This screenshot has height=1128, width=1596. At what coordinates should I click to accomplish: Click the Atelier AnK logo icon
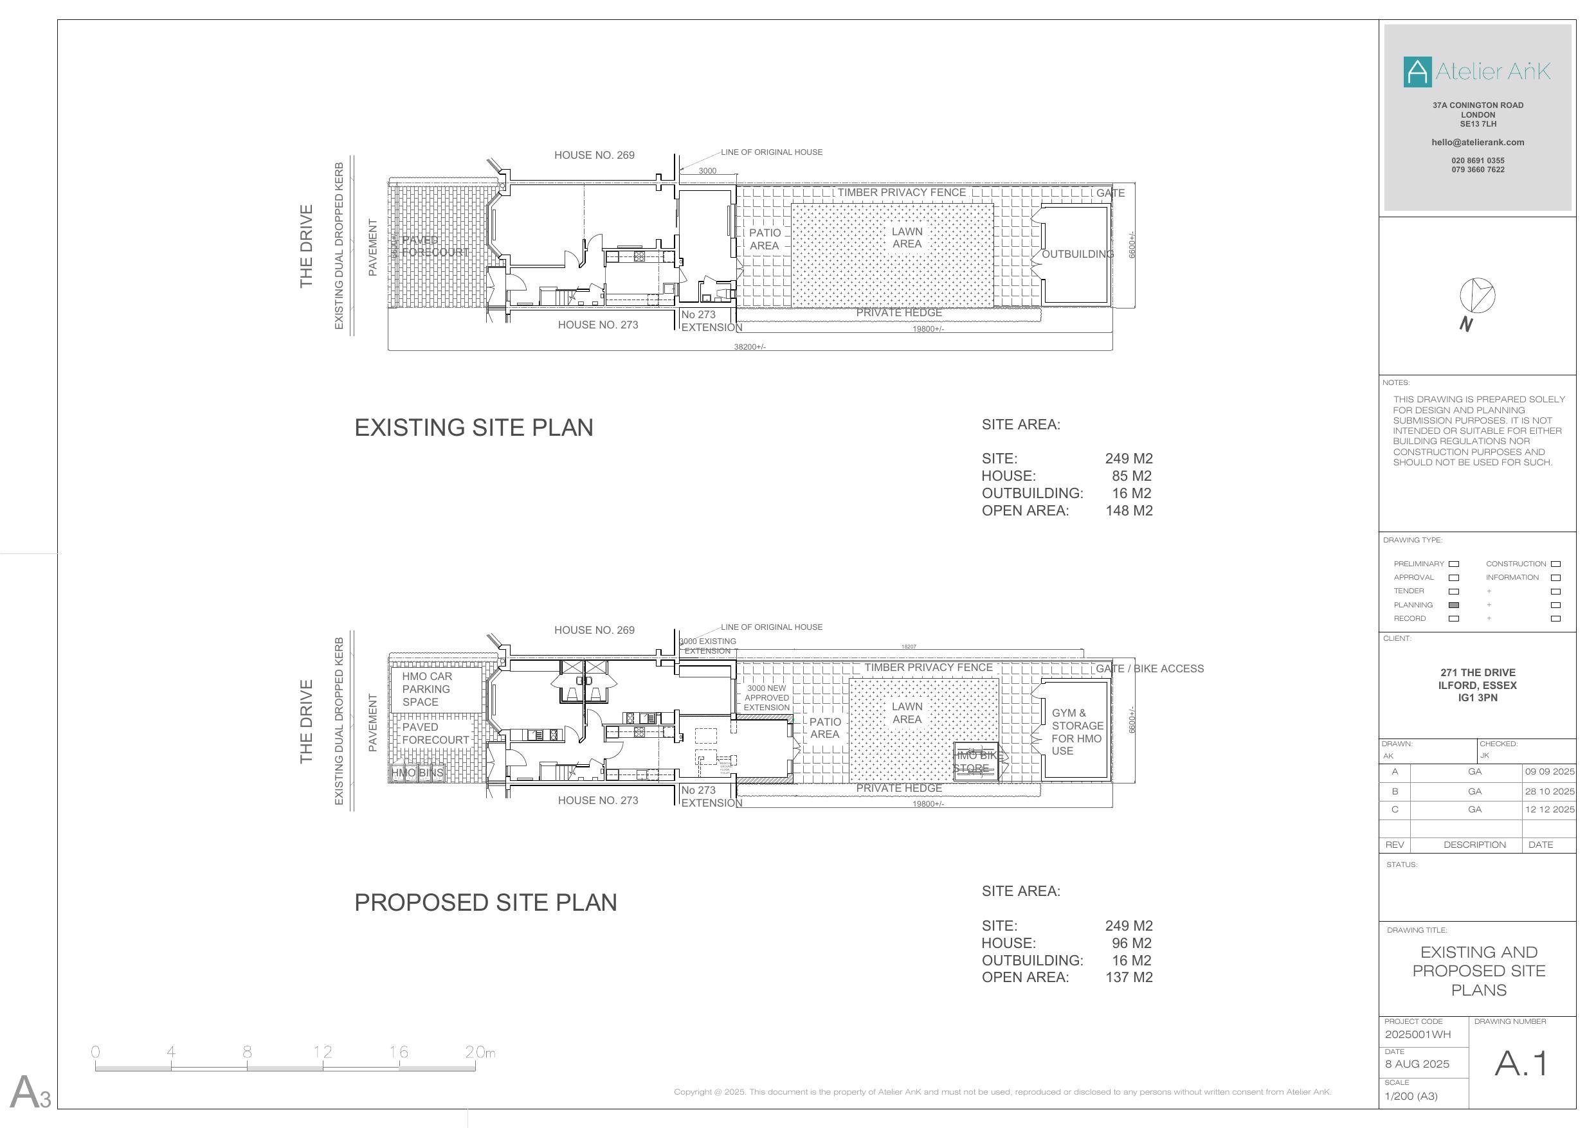point(1417,71)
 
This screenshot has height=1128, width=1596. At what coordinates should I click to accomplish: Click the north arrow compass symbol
point(1476,296)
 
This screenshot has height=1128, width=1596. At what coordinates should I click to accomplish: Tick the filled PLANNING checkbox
point(1453,605)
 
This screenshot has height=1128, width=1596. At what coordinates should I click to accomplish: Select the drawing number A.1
point(1521,1062)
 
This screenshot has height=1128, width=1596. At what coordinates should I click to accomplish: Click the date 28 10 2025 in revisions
point(1550,791)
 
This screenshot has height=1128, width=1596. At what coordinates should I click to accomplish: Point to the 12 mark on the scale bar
point(323,1052)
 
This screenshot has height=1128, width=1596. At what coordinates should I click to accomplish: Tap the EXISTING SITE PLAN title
point(473,427)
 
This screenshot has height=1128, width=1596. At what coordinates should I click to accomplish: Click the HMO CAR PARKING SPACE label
point(427,689)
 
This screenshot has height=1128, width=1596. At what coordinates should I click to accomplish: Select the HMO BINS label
point(417,772)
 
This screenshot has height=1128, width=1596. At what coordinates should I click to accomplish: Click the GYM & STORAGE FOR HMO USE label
point(1076,732)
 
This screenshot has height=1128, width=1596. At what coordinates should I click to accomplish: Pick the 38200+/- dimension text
point(749,346)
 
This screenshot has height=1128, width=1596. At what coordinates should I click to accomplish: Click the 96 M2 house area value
point(1131,943)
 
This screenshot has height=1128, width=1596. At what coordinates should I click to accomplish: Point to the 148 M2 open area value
point(1129,511)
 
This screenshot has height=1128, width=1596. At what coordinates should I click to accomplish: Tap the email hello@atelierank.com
point(1477,143)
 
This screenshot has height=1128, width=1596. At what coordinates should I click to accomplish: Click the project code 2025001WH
point(1417,1034)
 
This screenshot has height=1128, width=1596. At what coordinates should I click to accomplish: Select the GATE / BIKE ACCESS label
point(1149,668)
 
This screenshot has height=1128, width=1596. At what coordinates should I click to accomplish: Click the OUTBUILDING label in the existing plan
point(1076,255)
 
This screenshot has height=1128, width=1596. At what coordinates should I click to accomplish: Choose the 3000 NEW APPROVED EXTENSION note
point(766,698)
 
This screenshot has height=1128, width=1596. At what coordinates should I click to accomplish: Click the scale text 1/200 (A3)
point(1410,1096)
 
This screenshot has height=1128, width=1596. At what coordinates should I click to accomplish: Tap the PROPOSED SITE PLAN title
point(485,902)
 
